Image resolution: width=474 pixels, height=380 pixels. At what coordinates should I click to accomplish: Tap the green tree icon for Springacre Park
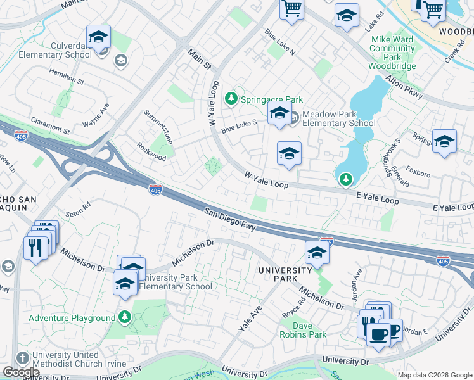click(232, 99)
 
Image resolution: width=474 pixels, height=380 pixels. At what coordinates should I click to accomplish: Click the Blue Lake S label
click(238, 126)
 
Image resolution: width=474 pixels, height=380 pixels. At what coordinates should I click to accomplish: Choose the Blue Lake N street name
click(280, 42)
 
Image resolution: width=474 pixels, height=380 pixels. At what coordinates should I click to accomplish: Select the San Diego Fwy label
click(229, 218)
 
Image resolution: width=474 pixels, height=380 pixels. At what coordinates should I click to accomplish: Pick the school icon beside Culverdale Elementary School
click(98, 37)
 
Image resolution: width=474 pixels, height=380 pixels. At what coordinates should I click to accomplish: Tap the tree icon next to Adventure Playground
click(125, 316)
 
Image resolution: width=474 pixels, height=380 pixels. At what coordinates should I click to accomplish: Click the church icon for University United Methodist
click(22, 357)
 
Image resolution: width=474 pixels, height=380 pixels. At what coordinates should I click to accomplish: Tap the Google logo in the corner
click(21, 372)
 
